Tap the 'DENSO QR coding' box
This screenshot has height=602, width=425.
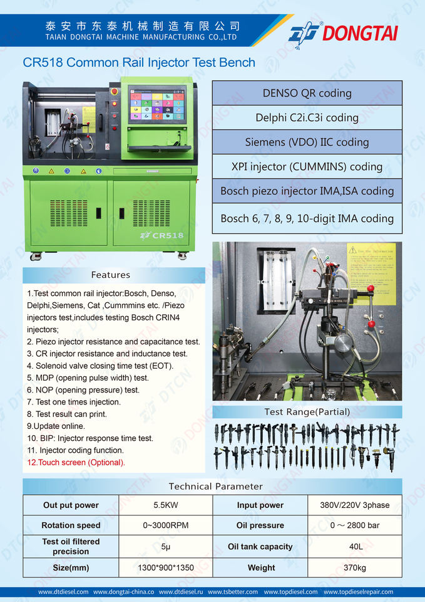pos(307,93)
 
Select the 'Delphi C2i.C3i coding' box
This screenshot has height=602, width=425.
pos(307,117)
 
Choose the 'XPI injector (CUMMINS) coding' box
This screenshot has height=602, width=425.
pos(307,167)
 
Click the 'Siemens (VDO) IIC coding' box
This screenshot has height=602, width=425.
pos(307,142)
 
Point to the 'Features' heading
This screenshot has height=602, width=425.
pos(111,275)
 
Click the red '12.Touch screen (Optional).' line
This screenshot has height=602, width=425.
pos(76,462)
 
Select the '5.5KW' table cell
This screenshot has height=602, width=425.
pos(166,505)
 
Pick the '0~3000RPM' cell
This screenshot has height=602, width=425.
pos(166,525)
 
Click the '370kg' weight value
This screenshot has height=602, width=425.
pos(356,568)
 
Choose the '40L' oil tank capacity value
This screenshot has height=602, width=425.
pos(356,547)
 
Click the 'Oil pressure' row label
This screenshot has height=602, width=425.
pos(260,525)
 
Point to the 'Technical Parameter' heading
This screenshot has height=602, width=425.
pos(215,487)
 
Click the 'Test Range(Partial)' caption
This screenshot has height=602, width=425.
pos(307,412)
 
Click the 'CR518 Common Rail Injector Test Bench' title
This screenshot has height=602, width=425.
pos(139,62)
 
